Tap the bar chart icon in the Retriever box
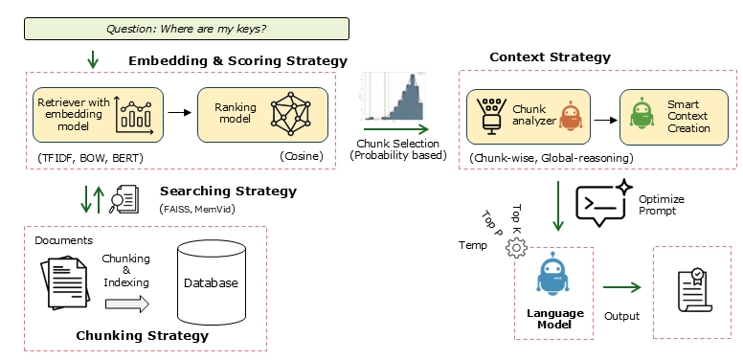point(138,113)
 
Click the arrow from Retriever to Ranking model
point(179,112)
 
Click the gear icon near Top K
point(517,247)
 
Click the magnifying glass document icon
point(124,198)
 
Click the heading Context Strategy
point(550,57)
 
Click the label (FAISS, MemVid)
point(199,209)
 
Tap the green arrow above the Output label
point(620,286)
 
